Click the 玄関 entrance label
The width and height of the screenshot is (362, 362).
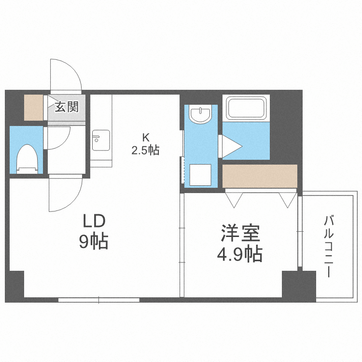66,106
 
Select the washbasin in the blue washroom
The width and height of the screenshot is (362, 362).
200,114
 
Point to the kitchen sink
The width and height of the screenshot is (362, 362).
101,140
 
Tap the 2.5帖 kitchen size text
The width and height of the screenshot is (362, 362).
145,150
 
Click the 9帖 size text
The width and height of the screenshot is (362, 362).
94,241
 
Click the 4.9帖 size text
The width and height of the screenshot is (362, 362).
239,253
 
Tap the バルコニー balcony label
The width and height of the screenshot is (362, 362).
329,246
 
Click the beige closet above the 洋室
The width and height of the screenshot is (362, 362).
260,176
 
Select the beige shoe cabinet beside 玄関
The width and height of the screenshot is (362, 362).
34,108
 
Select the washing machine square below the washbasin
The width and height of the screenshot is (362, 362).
199,174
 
